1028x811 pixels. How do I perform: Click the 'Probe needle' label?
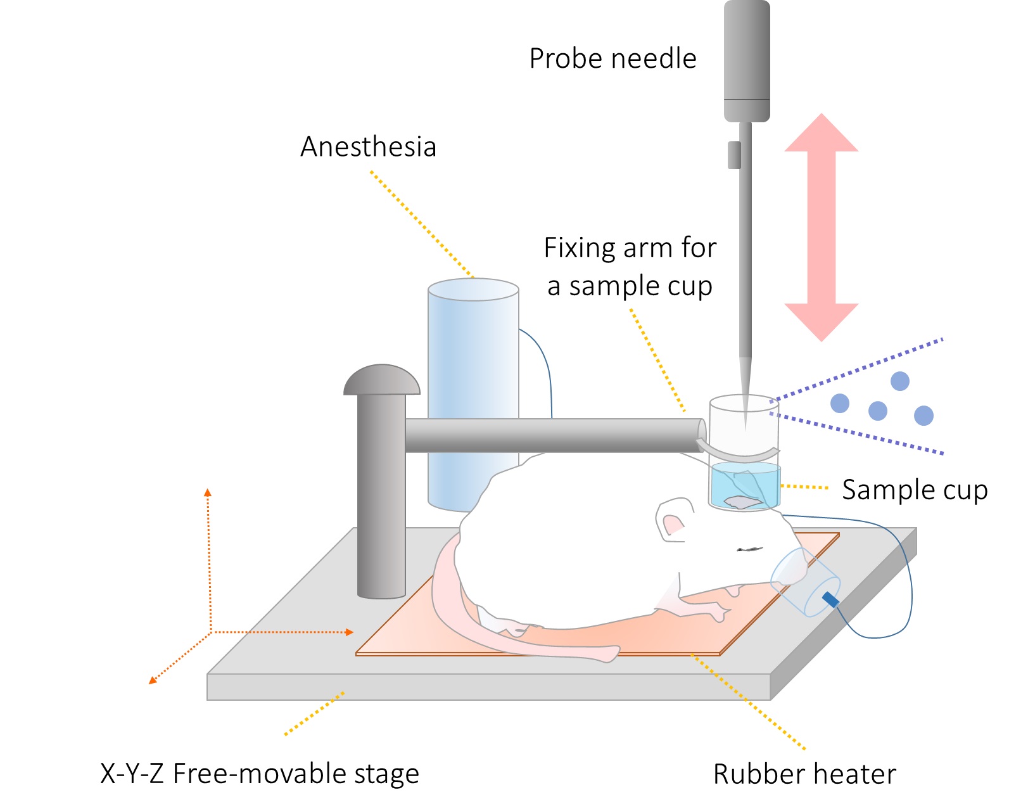[612, 59]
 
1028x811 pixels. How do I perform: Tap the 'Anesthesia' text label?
[368, 147]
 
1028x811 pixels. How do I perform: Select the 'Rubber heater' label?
[804, 774]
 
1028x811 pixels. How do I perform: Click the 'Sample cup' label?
[914, 490]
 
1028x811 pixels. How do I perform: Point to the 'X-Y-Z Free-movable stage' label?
[260, 774]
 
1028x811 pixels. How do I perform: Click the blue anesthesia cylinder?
[466, 355]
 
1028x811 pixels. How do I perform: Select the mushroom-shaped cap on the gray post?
[381, 380]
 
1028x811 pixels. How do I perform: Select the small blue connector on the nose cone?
[830, 599]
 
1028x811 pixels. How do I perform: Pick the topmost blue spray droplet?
[899, 381]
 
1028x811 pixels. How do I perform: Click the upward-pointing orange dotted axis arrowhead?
[207, 492]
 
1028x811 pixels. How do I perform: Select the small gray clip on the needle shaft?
[734, 155]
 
